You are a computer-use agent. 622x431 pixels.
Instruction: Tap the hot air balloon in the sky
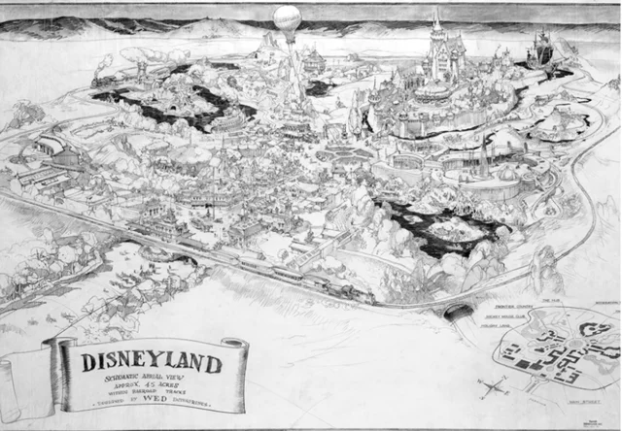(287, 18)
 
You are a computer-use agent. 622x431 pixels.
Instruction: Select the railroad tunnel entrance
(458, 313)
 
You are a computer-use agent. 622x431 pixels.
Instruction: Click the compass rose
(493, 387)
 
